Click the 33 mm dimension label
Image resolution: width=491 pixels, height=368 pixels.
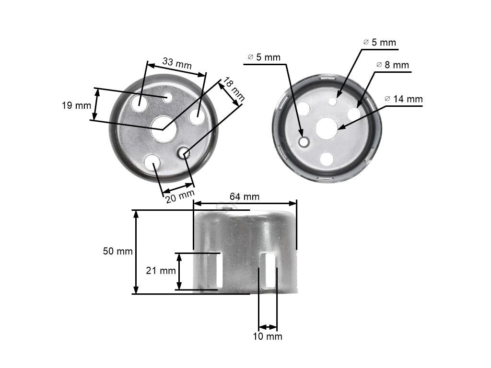point(176,62)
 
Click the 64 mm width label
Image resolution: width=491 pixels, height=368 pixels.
point(244,196)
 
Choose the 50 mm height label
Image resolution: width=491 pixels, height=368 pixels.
point(117,252)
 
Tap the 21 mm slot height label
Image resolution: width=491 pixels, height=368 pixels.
point(161,271)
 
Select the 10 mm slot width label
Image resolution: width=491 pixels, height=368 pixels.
point(268,336)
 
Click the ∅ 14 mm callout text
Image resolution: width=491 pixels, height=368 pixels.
point(404,99)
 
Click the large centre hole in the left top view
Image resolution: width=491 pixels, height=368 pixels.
point(164,128)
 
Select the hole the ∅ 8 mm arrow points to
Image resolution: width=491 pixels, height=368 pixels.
point(354,114)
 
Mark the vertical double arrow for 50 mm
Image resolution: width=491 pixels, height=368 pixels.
point(136,252)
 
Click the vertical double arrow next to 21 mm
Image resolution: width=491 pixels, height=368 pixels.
point(180,271)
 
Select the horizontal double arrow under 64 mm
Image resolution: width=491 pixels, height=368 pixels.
point(245,203)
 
